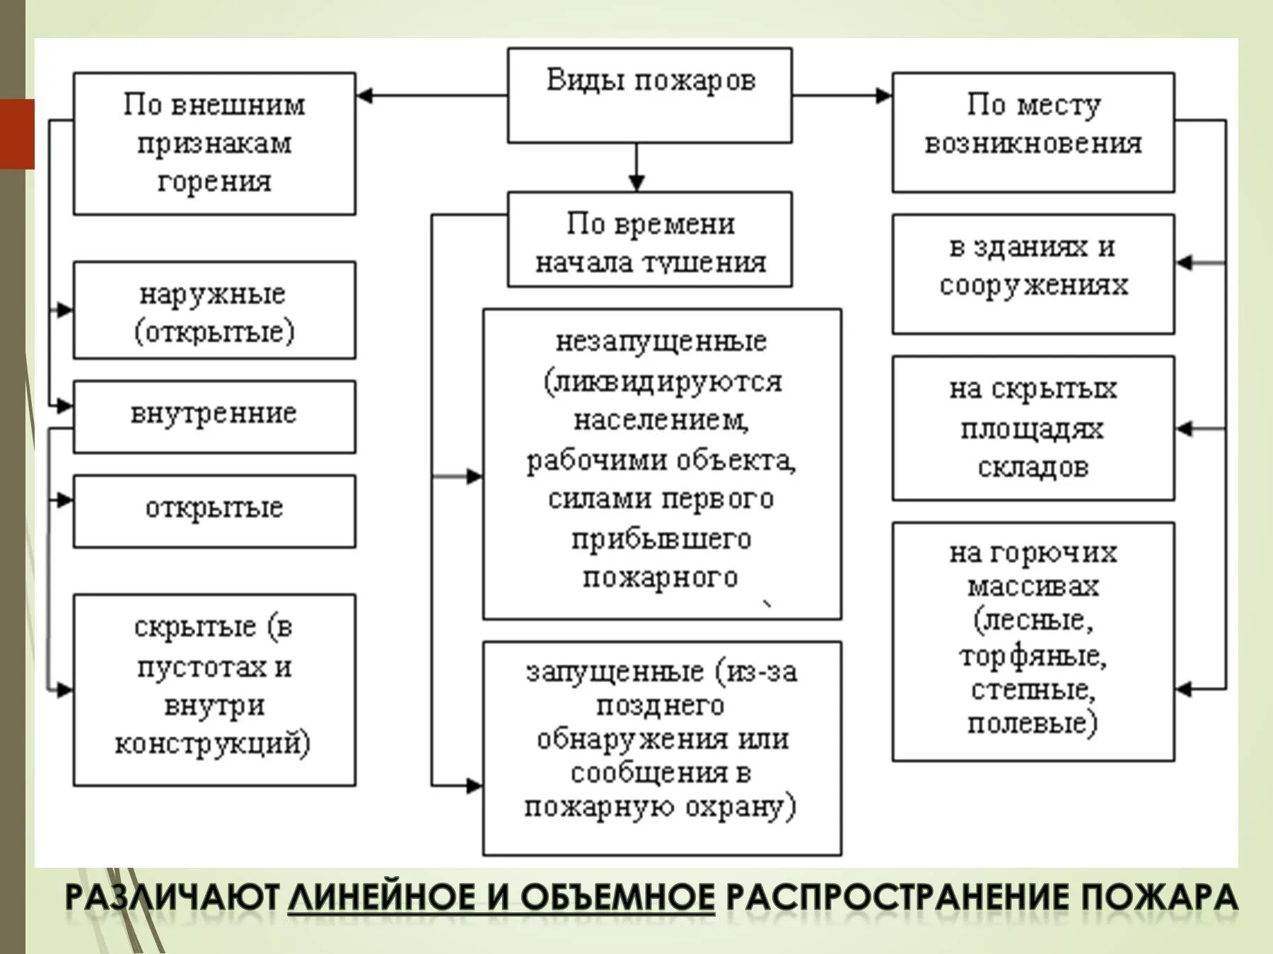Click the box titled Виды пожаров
649,95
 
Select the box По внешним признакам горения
214,143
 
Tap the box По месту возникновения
1033,132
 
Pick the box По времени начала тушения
649,240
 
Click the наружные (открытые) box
214,311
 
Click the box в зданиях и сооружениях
1033,273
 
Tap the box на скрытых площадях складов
1033,428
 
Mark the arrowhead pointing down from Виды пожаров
636,183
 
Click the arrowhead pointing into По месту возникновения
883,95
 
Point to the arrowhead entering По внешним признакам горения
365,95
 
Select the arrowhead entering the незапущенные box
475,476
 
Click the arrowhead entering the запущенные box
475,785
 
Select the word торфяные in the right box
1033,656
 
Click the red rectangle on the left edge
17,134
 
